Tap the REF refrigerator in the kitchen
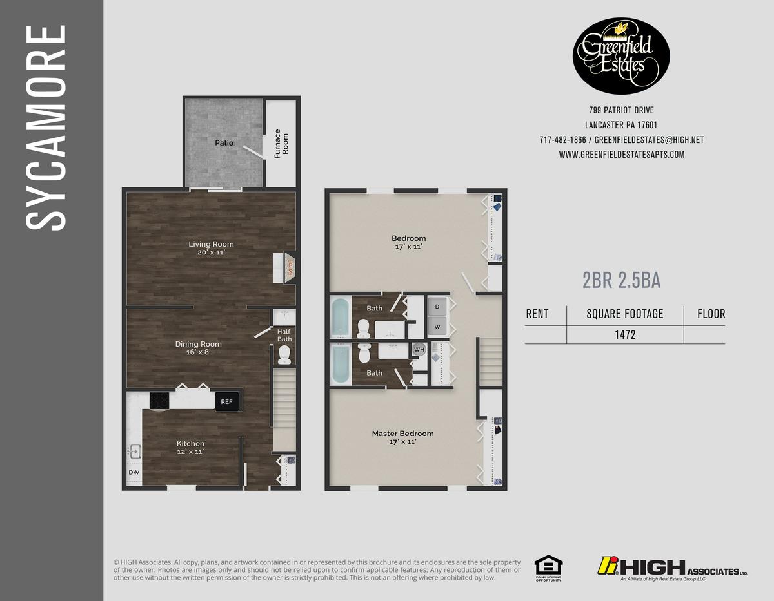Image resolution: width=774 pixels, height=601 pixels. coord(226,401)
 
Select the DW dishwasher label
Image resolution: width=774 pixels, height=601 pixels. coord(134,472)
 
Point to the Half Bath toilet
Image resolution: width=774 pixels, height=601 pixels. coord(284,354)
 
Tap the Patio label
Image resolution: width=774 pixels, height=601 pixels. coord(224,142)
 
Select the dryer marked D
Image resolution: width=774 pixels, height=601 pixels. coord(437,307)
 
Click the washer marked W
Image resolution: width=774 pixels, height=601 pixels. coord(437,326)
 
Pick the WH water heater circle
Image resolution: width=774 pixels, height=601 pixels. coord(419,350)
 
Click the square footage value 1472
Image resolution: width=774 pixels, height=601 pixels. coord(624,335)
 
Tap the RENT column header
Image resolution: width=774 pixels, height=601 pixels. coord(537,314)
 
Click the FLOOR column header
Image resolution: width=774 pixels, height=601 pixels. coord(711,314)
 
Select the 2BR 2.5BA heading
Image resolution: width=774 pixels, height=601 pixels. coord(621,281)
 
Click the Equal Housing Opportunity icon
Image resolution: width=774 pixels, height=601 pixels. coord(548,568)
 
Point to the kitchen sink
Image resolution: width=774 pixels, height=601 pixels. coord(135,451)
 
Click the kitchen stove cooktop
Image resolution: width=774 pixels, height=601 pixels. coord(159,401)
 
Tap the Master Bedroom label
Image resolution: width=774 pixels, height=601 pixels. coord(402,434)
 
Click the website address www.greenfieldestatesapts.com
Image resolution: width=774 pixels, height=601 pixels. coord(621,155)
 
